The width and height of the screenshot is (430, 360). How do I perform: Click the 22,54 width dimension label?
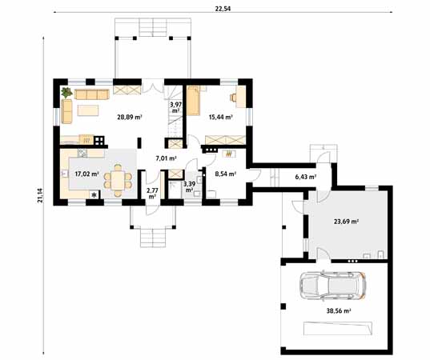[x=223, y=9]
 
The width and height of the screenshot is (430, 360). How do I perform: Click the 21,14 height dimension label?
[x=41, y=195]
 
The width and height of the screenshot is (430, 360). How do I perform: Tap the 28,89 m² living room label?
[x=130, y=118]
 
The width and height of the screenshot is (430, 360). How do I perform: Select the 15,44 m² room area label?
[x=221, y=118]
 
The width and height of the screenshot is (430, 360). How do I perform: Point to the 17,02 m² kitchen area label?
[x=87, y=174]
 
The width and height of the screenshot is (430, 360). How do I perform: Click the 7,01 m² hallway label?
[x=166, y=158]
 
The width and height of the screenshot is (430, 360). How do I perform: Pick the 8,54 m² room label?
[x=226, y=174]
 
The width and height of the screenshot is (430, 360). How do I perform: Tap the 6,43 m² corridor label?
[x=306, y=177]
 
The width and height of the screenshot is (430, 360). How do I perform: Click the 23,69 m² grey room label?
[x=347, y=222]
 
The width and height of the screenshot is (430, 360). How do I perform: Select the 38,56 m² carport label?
[x=339, y=310]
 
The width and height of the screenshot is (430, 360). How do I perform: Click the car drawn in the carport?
[x=333, y=286]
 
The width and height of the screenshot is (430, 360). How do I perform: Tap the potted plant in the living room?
[x=66, y=93]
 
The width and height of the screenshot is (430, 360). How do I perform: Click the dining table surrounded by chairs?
[x=118, y=180]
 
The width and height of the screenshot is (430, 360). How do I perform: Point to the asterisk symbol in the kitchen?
[x=94, y=195]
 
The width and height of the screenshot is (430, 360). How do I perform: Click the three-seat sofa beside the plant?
[x=92, y=94]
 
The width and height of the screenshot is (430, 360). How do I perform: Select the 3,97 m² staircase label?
[x=175, y=107]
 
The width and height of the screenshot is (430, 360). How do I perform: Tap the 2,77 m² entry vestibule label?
[x=152, y=193]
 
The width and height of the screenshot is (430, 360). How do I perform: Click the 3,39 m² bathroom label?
[x=189, y=186]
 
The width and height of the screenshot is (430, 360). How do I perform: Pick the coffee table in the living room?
[x=88, y=110]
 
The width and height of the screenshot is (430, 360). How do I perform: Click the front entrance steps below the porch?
[x=153, y=238]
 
